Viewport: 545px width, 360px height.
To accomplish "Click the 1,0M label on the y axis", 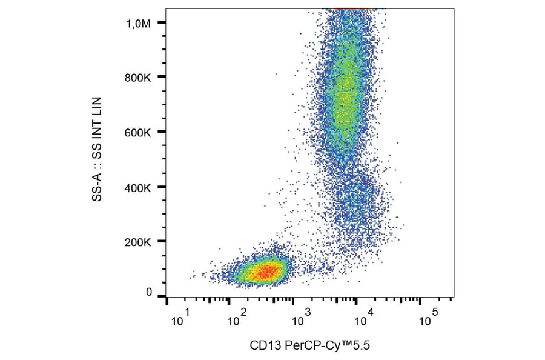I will click(137, 23).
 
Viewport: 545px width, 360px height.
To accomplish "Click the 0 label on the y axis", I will click(148, 292).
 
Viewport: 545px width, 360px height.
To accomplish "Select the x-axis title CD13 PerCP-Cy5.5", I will click(309, 346).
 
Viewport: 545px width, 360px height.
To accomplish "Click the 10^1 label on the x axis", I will click(181, 318).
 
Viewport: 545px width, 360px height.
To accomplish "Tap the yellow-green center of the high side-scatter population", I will click(345, 97).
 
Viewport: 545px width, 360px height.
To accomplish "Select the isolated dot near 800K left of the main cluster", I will click(276, 75).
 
